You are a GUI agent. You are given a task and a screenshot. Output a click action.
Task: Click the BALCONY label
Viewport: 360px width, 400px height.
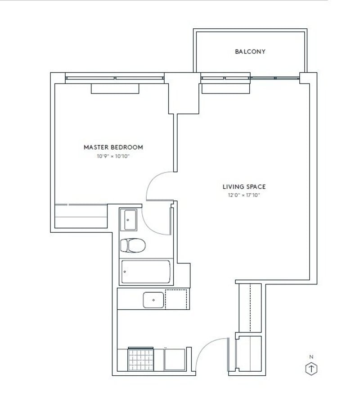[250, 52]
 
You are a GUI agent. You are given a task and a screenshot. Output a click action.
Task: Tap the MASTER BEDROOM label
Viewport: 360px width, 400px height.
[113, 147]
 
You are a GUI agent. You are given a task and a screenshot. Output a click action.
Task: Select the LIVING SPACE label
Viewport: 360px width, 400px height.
[244, 187]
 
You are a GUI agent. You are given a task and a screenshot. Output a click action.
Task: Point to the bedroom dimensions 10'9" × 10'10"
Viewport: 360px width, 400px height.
[113, 156]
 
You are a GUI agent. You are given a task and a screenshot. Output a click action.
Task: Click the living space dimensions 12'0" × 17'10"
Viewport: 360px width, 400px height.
[244, 195]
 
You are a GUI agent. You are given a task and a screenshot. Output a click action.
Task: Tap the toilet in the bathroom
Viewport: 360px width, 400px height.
[133, 245]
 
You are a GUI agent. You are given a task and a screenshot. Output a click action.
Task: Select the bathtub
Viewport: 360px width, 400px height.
[146, 271]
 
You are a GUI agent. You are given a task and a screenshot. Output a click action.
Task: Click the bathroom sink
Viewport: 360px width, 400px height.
[130, 220]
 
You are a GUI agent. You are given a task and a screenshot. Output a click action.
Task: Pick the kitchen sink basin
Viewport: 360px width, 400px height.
[153, 300]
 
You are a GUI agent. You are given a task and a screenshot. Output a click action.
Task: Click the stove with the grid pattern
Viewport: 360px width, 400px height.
[141, 360]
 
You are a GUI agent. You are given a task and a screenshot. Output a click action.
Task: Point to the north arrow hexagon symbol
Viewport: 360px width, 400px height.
[311, 369]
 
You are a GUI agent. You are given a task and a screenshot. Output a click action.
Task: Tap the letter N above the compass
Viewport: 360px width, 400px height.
[311, 357]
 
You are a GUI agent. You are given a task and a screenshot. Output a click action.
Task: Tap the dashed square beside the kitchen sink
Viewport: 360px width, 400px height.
[176, 299]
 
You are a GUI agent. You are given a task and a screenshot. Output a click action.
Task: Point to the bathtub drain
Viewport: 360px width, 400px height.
[125, 271]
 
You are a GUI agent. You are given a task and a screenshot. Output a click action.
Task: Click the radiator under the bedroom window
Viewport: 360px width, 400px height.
[115, 89]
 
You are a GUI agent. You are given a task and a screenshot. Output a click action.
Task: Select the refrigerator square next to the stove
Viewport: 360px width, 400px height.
[175, 360]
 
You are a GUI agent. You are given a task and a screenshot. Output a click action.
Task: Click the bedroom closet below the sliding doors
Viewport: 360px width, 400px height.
[81, 216]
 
